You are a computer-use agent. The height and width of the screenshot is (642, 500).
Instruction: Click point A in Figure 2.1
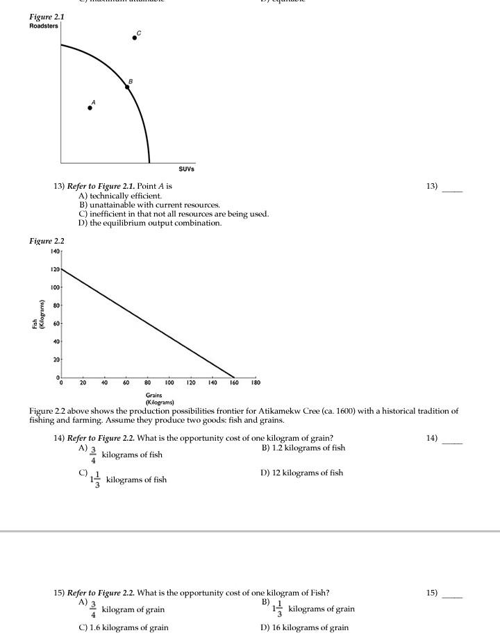(x=90, y=108)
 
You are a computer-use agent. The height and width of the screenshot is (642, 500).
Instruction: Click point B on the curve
(x=127, y=87)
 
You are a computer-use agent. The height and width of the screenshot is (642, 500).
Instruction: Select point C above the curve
(x=135, y=37)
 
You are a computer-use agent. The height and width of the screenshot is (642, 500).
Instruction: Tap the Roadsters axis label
(x=44, y=26)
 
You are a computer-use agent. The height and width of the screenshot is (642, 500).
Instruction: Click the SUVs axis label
(x=186, y=169)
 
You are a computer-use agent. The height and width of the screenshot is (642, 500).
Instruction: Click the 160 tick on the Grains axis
(x=234, y=382)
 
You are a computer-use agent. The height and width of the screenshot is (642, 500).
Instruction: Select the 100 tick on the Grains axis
(x=169, y=382)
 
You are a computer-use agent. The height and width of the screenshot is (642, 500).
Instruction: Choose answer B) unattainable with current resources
(x=149, y=205)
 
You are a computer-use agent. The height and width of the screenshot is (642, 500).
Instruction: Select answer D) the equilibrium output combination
(x=150, y=223)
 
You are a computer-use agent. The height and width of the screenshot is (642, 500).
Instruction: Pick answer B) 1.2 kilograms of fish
(x=303, y=448)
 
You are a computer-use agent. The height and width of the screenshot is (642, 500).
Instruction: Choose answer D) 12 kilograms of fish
(x=301, y=473)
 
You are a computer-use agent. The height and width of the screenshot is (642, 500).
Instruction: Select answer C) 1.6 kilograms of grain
(x=124, y=627)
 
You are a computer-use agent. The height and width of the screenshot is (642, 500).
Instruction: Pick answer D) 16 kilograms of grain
(x=304, y=627)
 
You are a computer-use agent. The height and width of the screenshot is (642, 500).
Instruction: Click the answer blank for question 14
(x=452, y=442)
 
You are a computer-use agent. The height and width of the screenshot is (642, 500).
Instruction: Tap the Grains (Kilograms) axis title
(x=154, y=398)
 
